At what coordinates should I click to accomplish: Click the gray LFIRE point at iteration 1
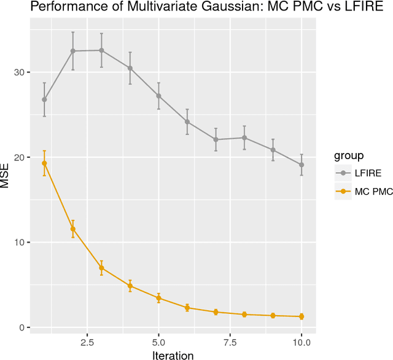[44, 100]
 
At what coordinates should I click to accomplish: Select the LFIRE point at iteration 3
[101, 50]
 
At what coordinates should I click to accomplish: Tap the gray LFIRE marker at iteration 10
[301, 165]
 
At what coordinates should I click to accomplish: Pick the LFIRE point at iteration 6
[187, 122]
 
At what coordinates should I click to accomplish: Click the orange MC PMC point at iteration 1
[44, 163]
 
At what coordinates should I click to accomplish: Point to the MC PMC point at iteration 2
[73, 229]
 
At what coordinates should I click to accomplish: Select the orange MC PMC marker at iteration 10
[301, 316]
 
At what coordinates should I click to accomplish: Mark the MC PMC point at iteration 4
[130, 286]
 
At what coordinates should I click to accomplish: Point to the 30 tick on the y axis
[23, 72]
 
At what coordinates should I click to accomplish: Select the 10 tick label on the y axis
[23, 243]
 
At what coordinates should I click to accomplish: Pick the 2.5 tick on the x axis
[87, 341]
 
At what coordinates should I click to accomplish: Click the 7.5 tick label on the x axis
[230, 341]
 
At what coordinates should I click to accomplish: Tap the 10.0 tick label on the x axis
[301, 341]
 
